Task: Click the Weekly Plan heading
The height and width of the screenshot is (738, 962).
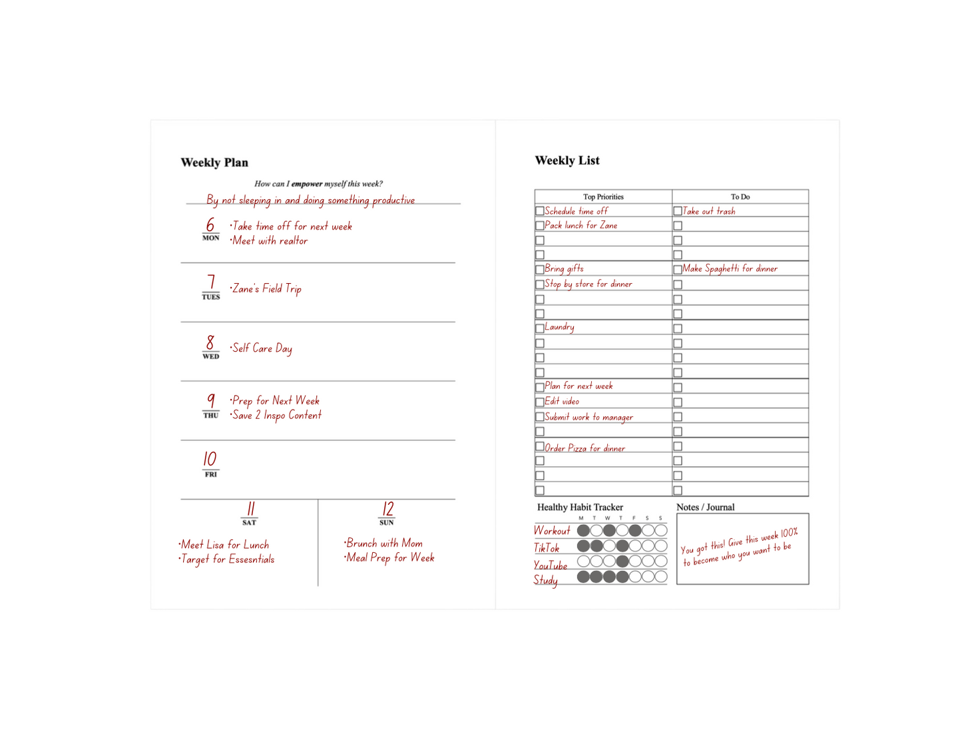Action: [x=214, y=163]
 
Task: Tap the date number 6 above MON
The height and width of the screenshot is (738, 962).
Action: [x=210, y=224]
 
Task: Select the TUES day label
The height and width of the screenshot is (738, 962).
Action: [x=211, y=297]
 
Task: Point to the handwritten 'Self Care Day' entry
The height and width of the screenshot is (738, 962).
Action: [x=262, y=348]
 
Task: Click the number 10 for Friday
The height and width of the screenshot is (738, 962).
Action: [x=210, y=459]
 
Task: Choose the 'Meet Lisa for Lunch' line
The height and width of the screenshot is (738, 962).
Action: [x=225, y=545]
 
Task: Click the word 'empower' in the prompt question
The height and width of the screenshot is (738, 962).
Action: [x=307, y=184]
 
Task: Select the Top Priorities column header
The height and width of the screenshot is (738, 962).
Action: [x=603, y=197]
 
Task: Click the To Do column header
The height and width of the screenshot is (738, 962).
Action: [x=740, y=197]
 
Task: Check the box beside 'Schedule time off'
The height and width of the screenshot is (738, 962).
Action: [x=540, y=211]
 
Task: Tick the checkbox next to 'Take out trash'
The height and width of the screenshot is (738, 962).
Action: [x=678, y=211]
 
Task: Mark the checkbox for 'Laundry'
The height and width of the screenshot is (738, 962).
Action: [x=540, y=328]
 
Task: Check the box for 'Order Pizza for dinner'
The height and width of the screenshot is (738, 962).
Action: [x=540, y=446]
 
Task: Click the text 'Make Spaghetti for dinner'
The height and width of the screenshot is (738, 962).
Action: [x=730, y=269]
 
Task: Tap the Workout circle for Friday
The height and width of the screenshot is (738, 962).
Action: [x=635, y=531]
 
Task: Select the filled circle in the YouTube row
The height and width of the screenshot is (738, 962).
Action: [x=622, y=561]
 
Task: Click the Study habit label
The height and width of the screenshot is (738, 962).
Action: [x=545, y=580]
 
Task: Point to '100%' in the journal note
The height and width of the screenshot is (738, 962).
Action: [x=789, y=533]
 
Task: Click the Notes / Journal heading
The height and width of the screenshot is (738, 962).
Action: [x=706, y=508]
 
